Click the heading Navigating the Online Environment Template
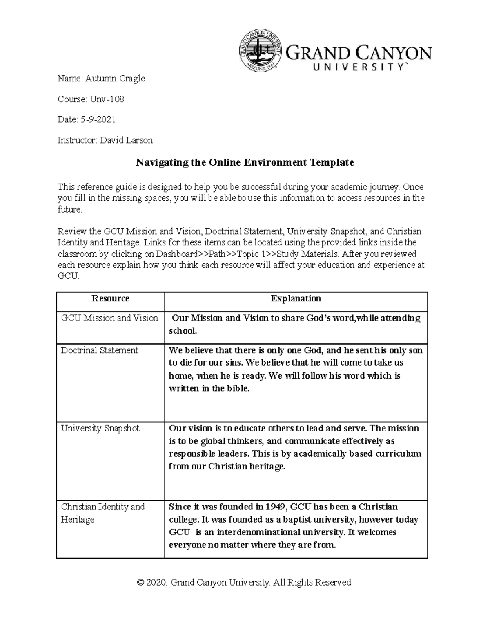[x=245, y=162]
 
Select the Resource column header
[x=110, y=298]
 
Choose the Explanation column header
[x=296, y=298]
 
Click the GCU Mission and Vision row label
[x=109, y=318]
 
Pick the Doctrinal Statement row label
[x=100, y=350]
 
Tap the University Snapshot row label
[x=100, y=429]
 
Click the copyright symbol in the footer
[x=141, y=582]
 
